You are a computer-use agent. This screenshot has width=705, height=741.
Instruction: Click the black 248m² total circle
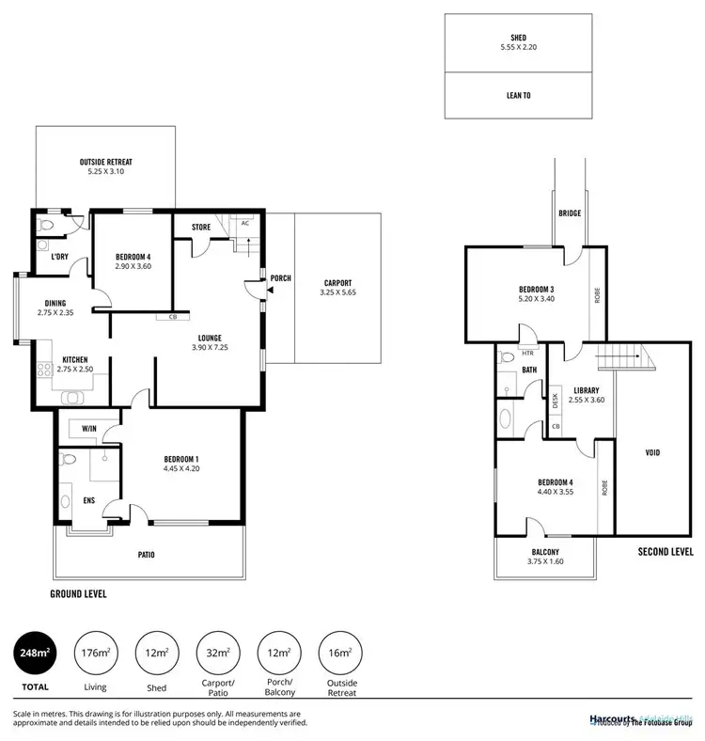35,653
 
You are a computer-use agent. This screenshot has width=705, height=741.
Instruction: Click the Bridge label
569,213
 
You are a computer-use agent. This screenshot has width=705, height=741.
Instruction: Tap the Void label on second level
651,452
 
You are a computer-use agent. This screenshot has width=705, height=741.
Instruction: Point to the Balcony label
544,553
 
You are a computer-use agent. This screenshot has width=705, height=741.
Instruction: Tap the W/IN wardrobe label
89,429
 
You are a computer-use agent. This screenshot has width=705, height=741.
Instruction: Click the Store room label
199,226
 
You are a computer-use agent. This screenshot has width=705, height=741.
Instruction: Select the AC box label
244,224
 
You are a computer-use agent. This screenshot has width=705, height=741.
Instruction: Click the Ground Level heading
78,594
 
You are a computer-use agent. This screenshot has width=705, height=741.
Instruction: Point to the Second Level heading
666,552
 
